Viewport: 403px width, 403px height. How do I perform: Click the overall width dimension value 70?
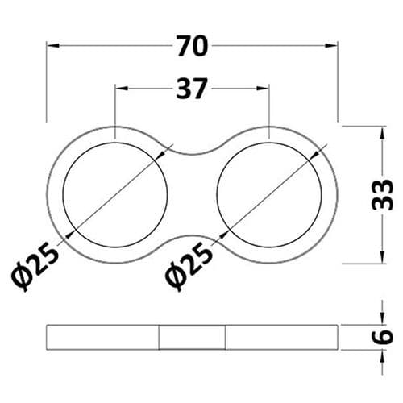[x=192, y=48]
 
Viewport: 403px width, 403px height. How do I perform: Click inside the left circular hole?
[x=116, y=193]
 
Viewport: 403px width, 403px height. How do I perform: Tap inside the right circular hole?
[x=269, y=193]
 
